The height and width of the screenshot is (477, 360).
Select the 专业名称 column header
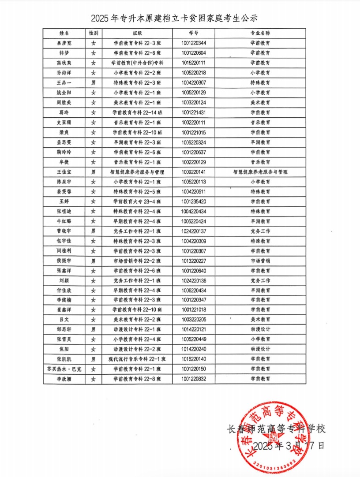(x=260, y=33)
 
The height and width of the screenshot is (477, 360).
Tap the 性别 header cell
(x=93, y=33)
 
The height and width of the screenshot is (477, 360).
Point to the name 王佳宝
(x=64, y=171)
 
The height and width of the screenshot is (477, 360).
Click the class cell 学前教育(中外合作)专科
(x=137, y=63)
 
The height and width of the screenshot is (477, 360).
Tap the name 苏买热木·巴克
(x=64, y=369)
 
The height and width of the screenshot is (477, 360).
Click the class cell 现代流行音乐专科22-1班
(x=137, y=359)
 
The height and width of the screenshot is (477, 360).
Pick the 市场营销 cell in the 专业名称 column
(x=260, y=261)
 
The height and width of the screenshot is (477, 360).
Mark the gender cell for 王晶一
(x=93, y=82)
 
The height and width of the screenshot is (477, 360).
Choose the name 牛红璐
(x=64, y=221)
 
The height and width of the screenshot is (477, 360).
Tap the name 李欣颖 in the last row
(x=64, y=379)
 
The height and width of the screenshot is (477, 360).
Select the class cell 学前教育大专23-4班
(x=137, y=201)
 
